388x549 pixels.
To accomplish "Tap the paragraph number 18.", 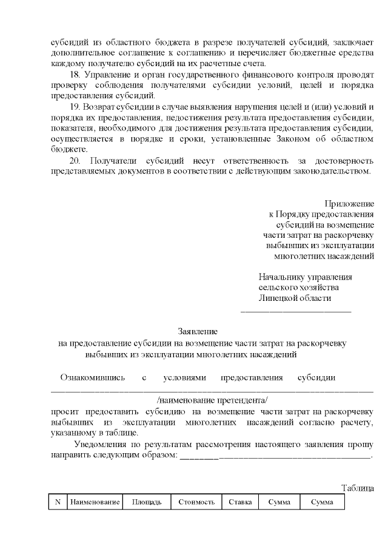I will coord(75,75).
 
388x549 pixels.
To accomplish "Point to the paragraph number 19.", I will coord(75,107).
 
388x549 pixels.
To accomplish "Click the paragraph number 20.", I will coord(75,161).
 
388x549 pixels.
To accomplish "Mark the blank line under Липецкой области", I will coord(296,311).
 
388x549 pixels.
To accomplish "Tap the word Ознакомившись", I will coord(92,377).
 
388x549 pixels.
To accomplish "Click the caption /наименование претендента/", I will coord(212,401).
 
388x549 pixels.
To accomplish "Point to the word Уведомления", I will coord(96,444).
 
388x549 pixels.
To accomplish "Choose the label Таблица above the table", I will coord(358,488).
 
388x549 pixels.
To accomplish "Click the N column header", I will coord(58,502).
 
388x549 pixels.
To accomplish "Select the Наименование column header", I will coord(95,502).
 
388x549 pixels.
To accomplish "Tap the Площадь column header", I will coord(147,502).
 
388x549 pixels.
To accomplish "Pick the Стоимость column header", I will coord(196,502).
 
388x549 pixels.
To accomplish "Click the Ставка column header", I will coord(241,502).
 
